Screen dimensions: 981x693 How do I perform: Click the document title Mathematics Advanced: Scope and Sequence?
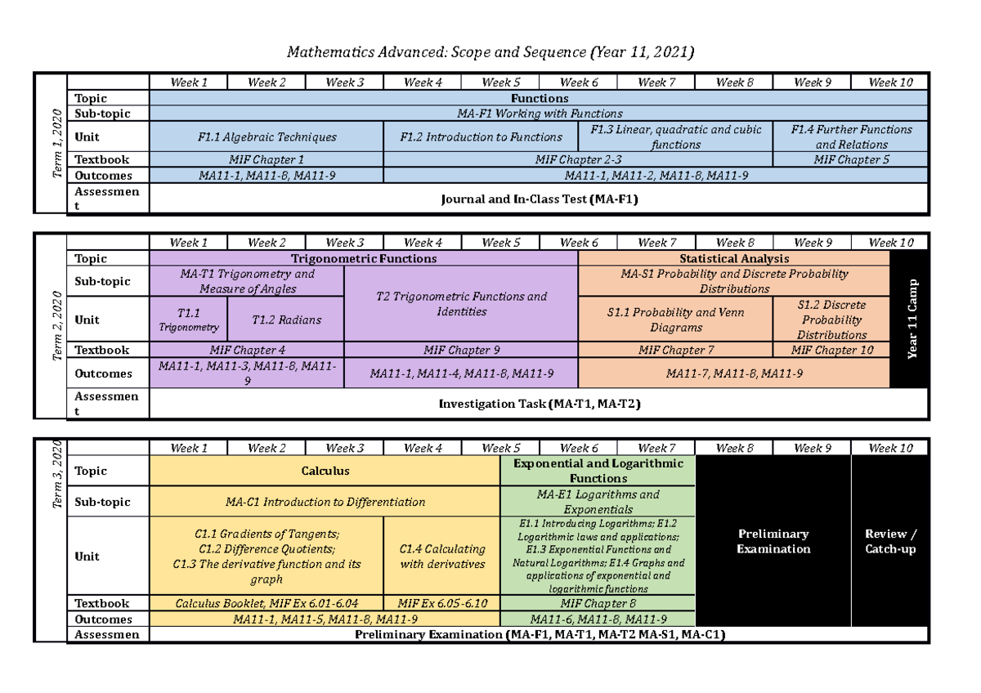coord(490,53)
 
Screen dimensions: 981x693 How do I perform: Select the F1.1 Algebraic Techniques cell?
coord(267,137)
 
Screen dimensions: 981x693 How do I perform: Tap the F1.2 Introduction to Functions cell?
coord(481,137)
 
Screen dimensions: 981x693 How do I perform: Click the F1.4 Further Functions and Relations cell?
coord(851,136)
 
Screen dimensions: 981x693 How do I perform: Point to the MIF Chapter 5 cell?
coord(851,160)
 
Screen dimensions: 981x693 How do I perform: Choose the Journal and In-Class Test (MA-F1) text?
coord(539,198)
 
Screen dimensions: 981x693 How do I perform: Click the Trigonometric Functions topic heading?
coord(364,259)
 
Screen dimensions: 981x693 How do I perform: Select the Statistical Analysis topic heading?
coord(734,259)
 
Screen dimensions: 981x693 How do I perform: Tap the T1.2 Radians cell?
coord(286,320)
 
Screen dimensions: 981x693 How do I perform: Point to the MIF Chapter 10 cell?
coord(831,351)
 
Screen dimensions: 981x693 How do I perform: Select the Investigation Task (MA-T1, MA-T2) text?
coord(539,404)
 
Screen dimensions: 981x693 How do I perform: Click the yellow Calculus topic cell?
coord(325,471)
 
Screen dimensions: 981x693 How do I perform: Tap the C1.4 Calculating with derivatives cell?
coord(441,557)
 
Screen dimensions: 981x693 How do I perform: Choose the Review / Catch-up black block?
coord(890,541)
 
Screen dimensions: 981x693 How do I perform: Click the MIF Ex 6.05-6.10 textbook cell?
coord(441,604)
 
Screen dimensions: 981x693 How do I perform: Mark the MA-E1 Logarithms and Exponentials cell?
coord(598,502)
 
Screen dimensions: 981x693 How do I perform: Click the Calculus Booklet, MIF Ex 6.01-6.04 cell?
coord(267,604)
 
